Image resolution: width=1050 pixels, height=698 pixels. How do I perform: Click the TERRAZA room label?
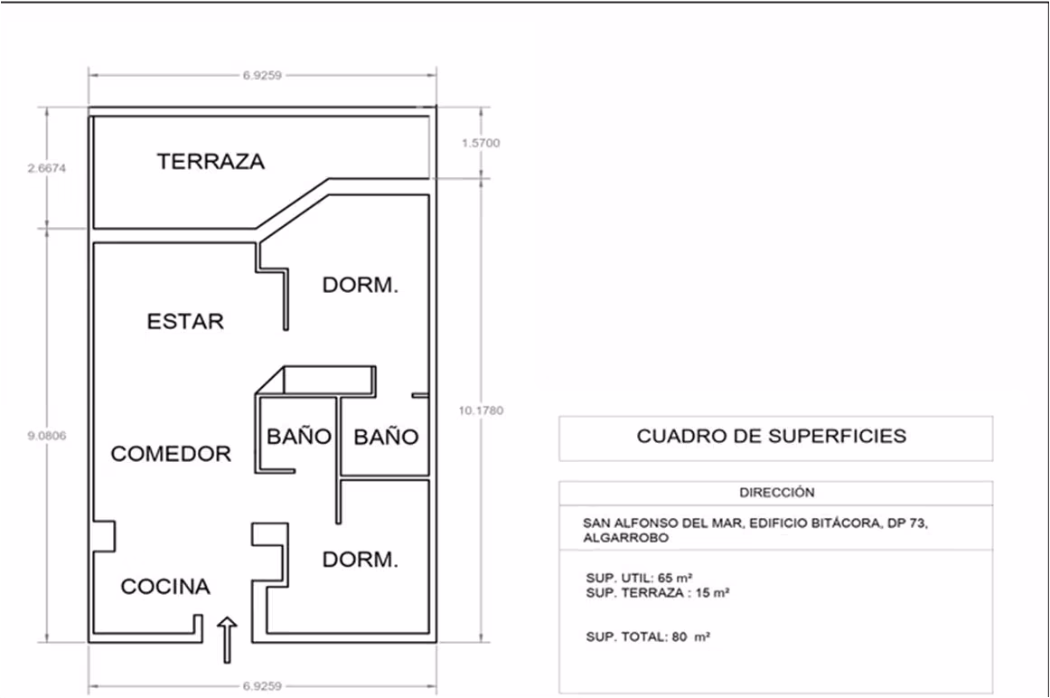[x=211, y=162]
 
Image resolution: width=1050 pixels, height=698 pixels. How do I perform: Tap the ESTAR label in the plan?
[x=185, y=322]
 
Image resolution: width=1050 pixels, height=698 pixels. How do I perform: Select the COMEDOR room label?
[x=171, y=454]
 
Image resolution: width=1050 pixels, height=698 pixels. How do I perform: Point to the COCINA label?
[x=165, y=587]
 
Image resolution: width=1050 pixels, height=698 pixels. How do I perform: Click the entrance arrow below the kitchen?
[x=227, y=640]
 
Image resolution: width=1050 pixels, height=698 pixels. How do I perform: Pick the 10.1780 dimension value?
[x=481, y=410]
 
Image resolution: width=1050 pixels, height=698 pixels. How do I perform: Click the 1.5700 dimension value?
[x=481, y=143]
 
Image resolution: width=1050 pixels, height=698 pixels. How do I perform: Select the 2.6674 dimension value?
[x=47, y=168]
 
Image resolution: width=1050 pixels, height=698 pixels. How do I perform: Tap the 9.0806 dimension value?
[x=47, y=436]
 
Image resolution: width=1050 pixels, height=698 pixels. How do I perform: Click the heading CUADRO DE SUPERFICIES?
[x=772, y=436]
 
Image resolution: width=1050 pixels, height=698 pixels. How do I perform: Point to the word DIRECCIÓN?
[x=777, y=493]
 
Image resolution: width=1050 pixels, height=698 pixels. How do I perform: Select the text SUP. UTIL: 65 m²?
[x=639, y=578]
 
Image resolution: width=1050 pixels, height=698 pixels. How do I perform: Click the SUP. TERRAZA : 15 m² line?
[x=658, y=593]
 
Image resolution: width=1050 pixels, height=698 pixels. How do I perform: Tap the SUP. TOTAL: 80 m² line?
[x=648, y=637]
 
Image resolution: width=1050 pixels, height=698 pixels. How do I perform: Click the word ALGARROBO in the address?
[x=625, y=538]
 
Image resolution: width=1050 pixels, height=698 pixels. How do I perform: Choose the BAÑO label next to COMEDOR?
[x=299, y=437]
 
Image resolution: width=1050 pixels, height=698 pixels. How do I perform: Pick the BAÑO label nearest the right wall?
[x=387, y=438]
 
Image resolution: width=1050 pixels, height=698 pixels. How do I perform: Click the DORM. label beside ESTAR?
[x=361, y=286]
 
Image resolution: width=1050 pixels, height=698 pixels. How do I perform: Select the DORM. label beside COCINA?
[x=361, y=560]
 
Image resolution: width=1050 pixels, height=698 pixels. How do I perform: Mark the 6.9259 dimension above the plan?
[x=262, y=76]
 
